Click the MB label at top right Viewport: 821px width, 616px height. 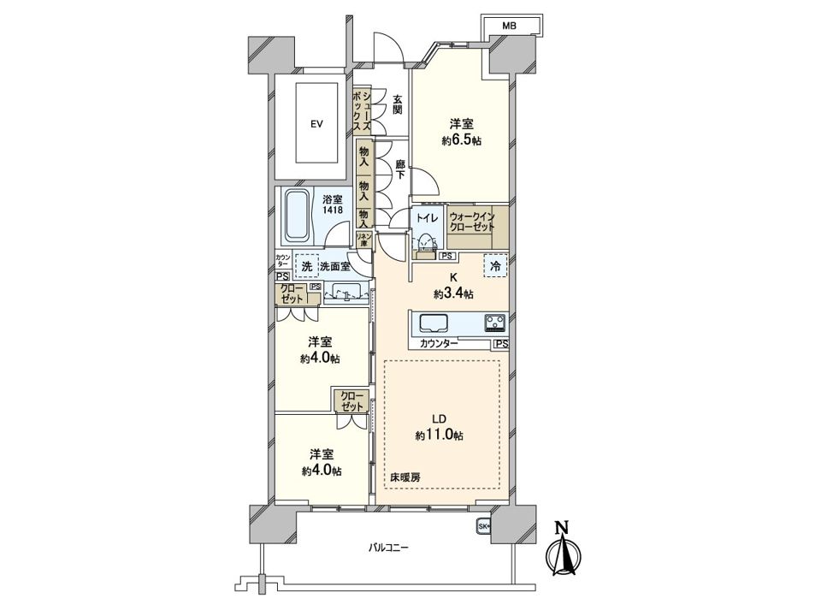click(x=509, y=27)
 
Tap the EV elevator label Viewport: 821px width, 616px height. click(x=316, y=124)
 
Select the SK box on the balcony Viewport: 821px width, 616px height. click(x=483, y=526)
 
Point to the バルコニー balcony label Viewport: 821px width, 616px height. click(x=388, y=547)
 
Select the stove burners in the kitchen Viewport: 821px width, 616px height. click(x=495, y=323)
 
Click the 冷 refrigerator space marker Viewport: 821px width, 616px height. click(x=494, y=266)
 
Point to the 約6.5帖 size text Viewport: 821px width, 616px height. click(x=462, y=140)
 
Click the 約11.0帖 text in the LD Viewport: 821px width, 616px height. click(x=439, y=435)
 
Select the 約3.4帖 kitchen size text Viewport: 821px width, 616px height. click(x=453, y=293)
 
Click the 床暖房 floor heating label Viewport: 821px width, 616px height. click(x=406, y=476)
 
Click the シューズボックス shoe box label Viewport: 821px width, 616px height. click(x=362, y=110)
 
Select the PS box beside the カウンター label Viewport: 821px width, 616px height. click(x=500, y=344)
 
